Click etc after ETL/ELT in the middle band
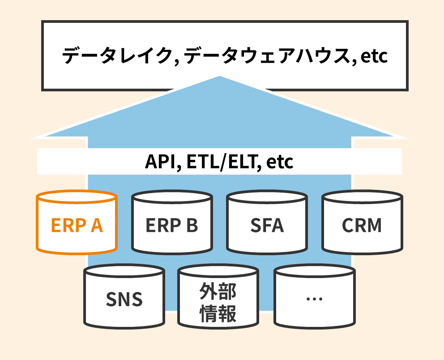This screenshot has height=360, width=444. [280, 162]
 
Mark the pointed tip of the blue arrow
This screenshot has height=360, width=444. [220, 77]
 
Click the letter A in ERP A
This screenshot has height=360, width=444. [97, 226]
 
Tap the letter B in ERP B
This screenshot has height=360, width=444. [191, 226]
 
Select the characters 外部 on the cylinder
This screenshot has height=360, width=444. [218, 291]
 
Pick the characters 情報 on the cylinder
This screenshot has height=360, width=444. [218, 313]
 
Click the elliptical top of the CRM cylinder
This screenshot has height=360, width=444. [362, 198]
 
